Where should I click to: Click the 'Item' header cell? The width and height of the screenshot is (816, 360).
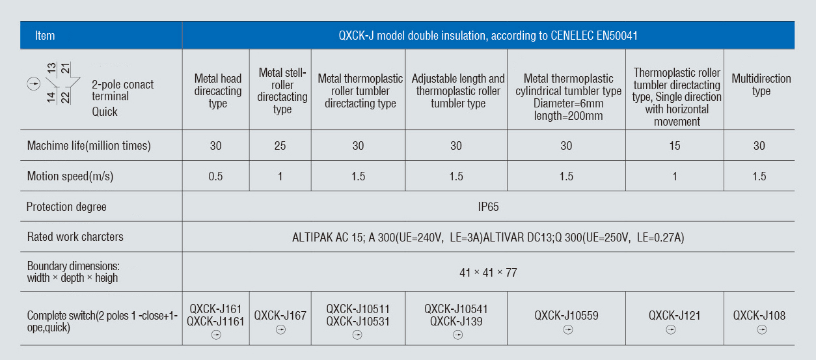tap(45, 36)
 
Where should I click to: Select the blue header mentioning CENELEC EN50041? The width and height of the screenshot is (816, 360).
tap(488, 36)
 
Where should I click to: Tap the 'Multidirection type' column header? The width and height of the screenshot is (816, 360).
tap(761, 85)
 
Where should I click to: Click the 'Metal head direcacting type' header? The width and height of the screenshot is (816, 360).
tap(217, 91)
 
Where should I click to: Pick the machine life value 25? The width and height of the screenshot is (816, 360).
tap(280, 146)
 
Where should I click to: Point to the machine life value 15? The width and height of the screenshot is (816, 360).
tap(675, 146)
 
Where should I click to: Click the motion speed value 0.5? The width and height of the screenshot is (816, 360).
tap(215, 176)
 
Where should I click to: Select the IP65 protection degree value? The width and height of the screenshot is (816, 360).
tap(488, 207)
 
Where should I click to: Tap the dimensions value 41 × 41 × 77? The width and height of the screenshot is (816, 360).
tap(488, 273)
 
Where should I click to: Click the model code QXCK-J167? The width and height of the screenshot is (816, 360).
tap(280, 316)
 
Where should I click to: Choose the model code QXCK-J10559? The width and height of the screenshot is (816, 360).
tap(566, 316)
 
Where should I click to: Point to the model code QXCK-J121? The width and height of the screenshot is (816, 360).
tap(674, 316)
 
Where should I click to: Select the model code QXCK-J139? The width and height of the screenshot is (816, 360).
tap(456, 321)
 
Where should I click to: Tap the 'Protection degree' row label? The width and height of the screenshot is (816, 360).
tap(66, 207)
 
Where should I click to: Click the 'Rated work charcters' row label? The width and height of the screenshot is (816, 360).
tap(75, 237)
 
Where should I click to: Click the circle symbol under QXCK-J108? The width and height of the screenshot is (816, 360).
tap(762, 330)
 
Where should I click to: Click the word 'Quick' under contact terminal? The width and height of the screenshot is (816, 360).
tap(105, 111)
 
